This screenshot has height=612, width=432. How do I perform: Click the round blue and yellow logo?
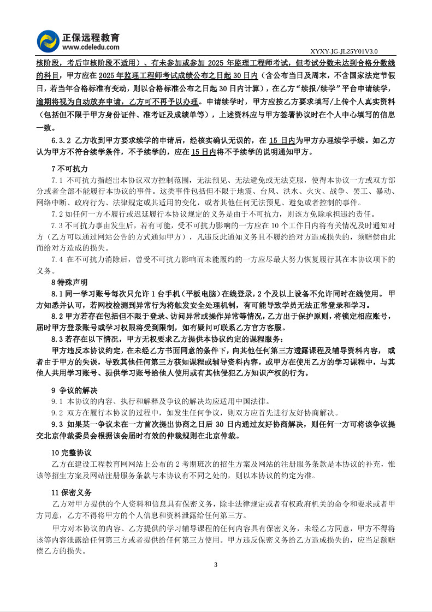(x=48, y=40)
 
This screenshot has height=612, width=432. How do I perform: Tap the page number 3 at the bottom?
(x=216, y=564)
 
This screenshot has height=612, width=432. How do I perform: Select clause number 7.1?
(x=57, y=180)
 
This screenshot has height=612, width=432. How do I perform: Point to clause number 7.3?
(x=57, y=224)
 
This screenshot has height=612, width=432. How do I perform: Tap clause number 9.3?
(x=57, y=424)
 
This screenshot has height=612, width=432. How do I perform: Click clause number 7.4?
(x=57, y=259)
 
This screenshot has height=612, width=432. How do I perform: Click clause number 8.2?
(x=57, y=316)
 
